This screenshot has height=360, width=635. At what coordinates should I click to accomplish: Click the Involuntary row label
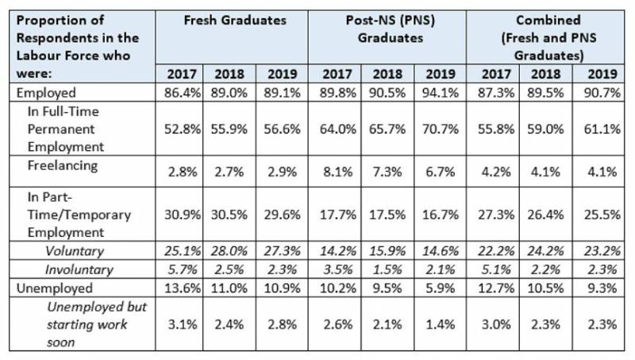[82, 269]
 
